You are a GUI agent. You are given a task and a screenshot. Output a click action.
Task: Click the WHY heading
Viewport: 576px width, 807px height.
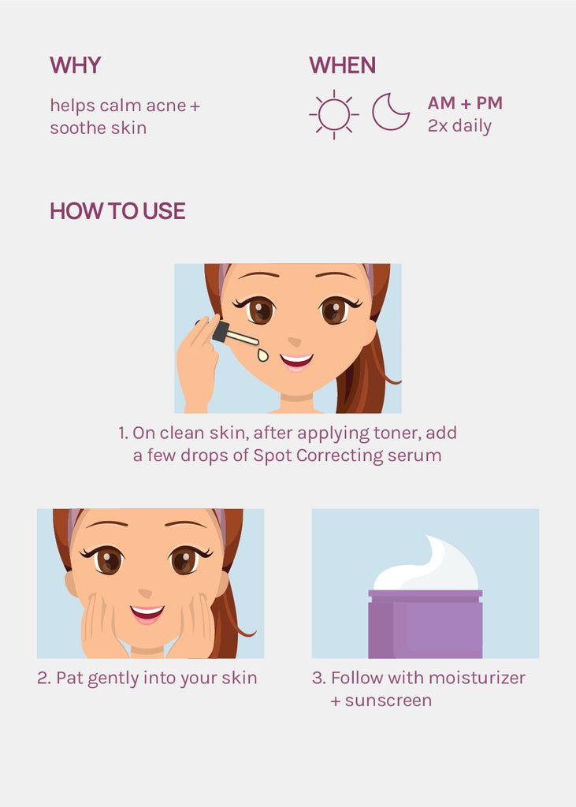tap(75, 65)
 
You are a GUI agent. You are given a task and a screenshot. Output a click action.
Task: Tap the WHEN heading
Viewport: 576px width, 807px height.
tap(342, 65)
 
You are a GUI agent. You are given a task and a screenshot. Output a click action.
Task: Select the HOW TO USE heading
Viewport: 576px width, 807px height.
tap(117, 211)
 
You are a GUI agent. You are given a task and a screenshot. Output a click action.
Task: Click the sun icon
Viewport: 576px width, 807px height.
tap(333, 114)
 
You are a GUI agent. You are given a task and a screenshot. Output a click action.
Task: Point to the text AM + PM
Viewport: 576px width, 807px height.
tap(465, 103)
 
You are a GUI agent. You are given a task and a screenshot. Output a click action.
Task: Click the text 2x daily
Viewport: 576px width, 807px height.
tap(459, 126)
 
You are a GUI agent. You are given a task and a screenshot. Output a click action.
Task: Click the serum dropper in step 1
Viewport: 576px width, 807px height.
tap(235, 334)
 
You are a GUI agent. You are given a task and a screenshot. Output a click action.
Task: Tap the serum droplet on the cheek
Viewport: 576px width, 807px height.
tap(263, 355)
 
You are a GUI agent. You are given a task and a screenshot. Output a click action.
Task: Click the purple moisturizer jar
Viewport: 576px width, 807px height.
tap(425, 624)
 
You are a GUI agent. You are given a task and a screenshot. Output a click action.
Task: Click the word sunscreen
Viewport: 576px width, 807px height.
tap(388, 701)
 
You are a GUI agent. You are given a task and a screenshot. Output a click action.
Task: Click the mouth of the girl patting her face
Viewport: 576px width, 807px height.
tap(147, 614)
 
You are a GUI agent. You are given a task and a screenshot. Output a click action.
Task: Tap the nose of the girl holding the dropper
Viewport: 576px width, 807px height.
tap(294, 342)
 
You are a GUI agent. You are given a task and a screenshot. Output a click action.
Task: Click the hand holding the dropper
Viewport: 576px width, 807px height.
tap(199, 360)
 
